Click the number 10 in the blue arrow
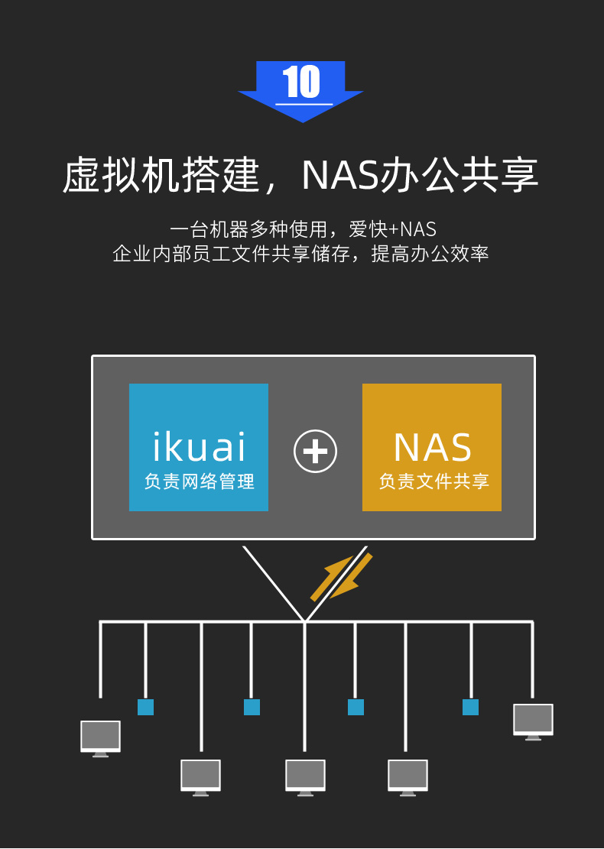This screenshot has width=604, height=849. (300, 83)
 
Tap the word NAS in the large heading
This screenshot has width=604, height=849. (339, 176)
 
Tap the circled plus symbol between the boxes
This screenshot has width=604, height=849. (315, 451)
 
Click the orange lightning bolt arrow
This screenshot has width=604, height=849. (341, 577)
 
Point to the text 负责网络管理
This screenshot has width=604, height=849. (199, 482)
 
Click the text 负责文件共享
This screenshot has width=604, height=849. (434, 482)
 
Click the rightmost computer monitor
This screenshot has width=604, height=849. (533, 721)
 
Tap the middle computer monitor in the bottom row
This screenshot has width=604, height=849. (305, 776)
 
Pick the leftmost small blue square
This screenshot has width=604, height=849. (145, 707)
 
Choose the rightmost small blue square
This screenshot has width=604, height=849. (470, 707)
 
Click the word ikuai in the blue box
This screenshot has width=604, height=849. (199, 448)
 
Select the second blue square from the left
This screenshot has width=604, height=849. (252, 707)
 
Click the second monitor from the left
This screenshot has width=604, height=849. (200, 776)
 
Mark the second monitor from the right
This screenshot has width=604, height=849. (408, 776)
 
